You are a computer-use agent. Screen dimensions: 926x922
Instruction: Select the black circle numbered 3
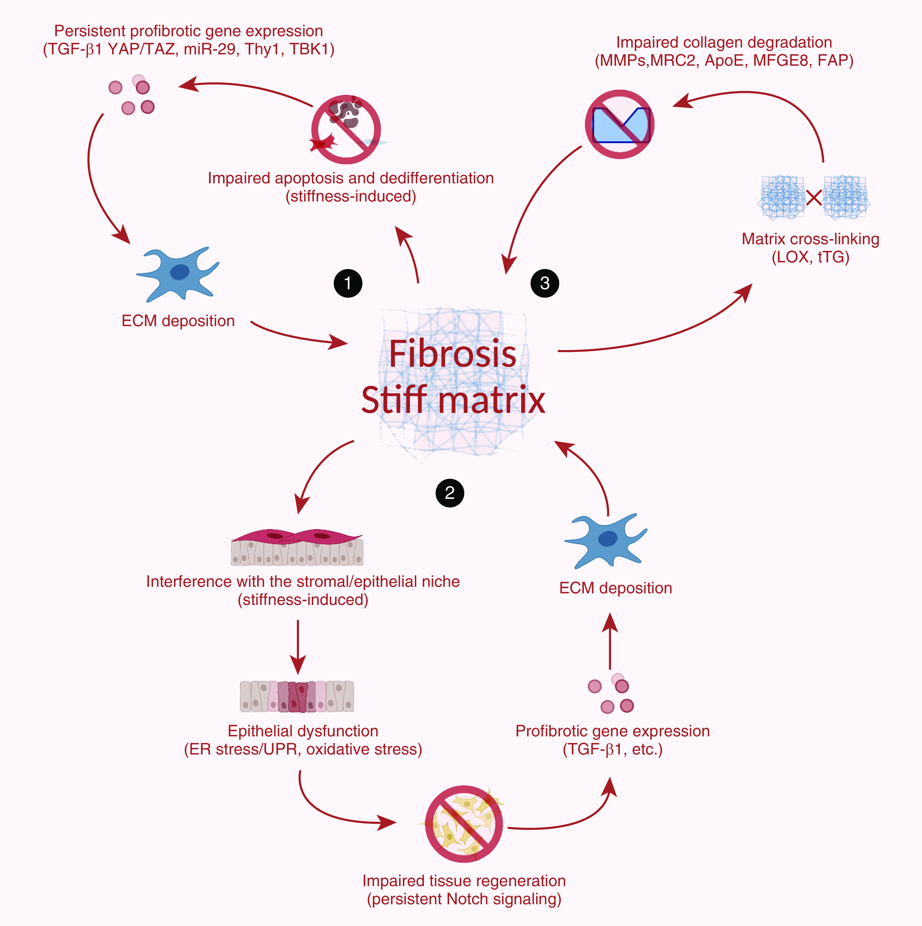click(545, 283)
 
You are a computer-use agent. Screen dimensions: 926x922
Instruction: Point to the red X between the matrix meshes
click(814, 197)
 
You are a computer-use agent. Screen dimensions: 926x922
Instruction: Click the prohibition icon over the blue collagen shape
click(619, 124)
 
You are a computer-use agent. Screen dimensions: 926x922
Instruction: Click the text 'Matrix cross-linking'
click(810, 239)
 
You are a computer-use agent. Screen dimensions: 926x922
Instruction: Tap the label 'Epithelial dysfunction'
click(303, 731)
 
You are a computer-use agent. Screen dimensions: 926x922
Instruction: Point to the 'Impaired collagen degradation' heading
click(724, 42)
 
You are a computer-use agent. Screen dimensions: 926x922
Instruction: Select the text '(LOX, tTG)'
click(810, 257)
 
